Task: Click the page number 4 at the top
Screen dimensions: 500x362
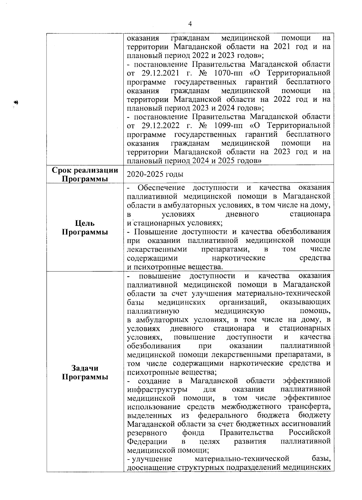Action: point(190,24)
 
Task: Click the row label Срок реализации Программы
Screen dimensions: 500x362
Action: point(85,175)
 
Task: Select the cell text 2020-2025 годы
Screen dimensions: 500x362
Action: point(155,175)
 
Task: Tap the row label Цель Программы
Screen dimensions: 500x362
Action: point(85,228)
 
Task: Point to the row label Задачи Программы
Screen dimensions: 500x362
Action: point(85,373)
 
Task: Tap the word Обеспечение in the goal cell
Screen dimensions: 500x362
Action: point(161,188)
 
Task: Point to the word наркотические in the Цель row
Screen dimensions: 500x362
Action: point(238,258)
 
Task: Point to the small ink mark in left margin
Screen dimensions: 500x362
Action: point(16,103)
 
